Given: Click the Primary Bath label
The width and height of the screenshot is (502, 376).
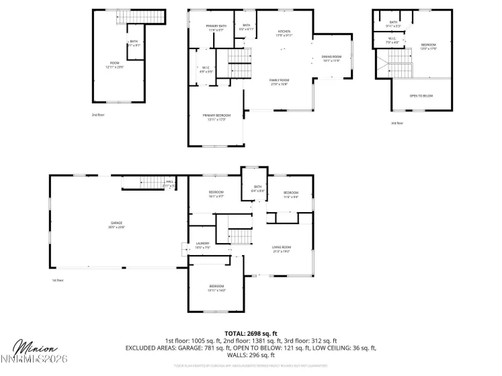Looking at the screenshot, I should click(x=216, y=28).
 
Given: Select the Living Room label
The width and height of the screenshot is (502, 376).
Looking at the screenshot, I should click(x=281, y=248).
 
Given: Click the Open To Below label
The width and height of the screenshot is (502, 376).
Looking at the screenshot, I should click(x=421, y=96).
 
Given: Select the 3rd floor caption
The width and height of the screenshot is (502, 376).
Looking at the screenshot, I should click(x=397, y=123).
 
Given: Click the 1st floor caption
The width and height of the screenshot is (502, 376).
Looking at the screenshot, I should click(x=58, y=280).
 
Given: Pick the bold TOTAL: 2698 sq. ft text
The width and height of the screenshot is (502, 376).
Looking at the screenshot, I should click(x=251, y=332).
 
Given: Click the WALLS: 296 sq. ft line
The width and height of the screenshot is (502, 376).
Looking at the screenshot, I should click(x=251, y=355).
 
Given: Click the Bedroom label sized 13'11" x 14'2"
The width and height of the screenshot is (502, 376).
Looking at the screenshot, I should click(x=216, y=288).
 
